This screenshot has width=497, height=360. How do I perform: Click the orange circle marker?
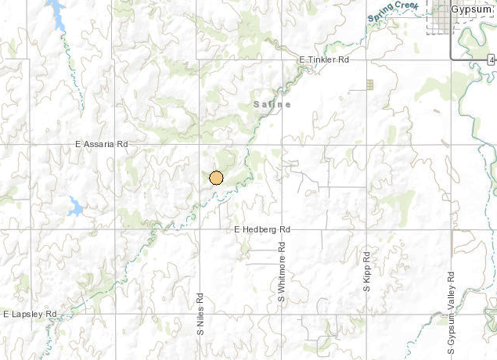point(217,177)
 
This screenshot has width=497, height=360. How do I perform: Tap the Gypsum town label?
point(473,9)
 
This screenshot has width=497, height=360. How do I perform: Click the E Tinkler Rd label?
point(324,59)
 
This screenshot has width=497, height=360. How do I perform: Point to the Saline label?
point(272,104)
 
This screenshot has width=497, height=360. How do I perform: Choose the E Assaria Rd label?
point(101,145)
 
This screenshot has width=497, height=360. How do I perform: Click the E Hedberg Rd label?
point(262,229)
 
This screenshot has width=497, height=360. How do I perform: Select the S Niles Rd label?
point(200,314)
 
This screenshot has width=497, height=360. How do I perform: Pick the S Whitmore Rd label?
point(281,276)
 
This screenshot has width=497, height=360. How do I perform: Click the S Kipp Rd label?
point(366,273)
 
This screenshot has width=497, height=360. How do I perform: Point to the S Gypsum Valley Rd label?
point(452,303)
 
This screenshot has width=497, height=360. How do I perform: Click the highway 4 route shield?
point(491,59)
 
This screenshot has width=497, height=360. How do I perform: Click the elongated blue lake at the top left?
point(56,15)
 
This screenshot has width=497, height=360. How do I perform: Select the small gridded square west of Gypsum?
point(369,84)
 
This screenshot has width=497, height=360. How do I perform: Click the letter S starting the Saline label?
point(256,104)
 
